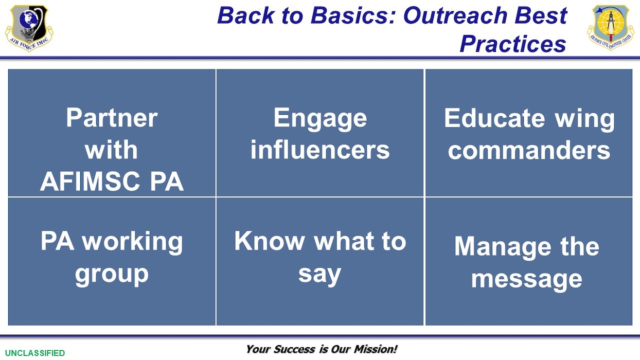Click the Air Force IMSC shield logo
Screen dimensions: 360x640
(x=29, y=27)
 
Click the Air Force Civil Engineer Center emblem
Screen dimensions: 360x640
(x=611, y=27)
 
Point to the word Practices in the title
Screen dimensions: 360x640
(x=512, y=44)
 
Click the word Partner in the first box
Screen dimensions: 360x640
(x=112, y=118)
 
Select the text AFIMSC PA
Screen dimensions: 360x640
(x=112, y=182)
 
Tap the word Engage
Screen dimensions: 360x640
(x=320, y=118)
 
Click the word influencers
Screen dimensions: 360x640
(x=320, y=150)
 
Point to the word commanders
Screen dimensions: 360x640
(x=529, y=150)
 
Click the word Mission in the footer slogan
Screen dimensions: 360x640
(x=375, y=349)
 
